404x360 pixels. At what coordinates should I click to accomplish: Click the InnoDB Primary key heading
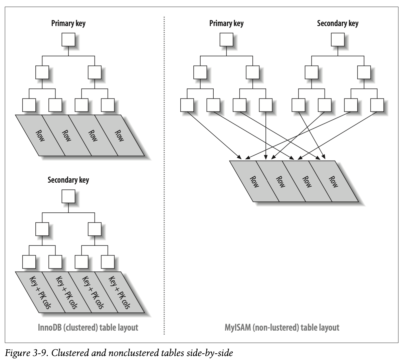pos(68,23)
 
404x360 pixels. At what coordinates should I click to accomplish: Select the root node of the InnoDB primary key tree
pos(68,40)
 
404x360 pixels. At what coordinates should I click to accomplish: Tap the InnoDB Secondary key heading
pos(68,180)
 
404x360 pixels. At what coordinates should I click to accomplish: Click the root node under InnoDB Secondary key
pos(68,197)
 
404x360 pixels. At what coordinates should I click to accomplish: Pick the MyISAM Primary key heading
pos(226,23)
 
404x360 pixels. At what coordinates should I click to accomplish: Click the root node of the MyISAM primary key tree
pos(226,40)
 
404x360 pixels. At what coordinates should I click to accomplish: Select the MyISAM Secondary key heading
pos(338,23)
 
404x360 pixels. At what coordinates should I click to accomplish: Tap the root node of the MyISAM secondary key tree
pos(338,40)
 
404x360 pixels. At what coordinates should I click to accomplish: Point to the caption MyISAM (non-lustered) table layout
pos(282,327)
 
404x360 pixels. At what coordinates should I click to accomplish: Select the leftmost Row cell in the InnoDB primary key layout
pos(40,135)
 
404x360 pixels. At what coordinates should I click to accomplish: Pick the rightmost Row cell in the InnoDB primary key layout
pos(119,135)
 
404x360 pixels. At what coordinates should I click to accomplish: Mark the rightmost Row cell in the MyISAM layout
pos(333,181)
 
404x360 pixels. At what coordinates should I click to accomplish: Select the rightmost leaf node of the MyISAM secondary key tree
pos(377,105)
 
